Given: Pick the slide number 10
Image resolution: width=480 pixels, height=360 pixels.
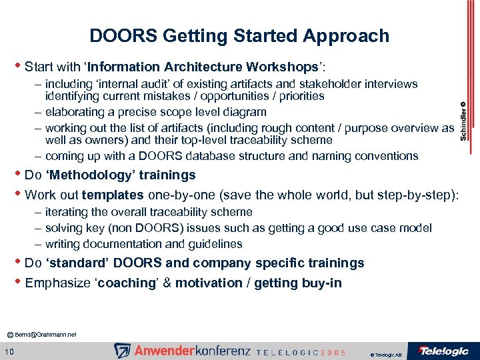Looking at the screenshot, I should pos(10,351).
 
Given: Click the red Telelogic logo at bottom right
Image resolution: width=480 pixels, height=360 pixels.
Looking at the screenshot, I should pos(442,351).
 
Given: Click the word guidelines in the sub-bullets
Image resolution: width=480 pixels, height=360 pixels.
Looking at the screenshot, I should pos(215,244).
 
